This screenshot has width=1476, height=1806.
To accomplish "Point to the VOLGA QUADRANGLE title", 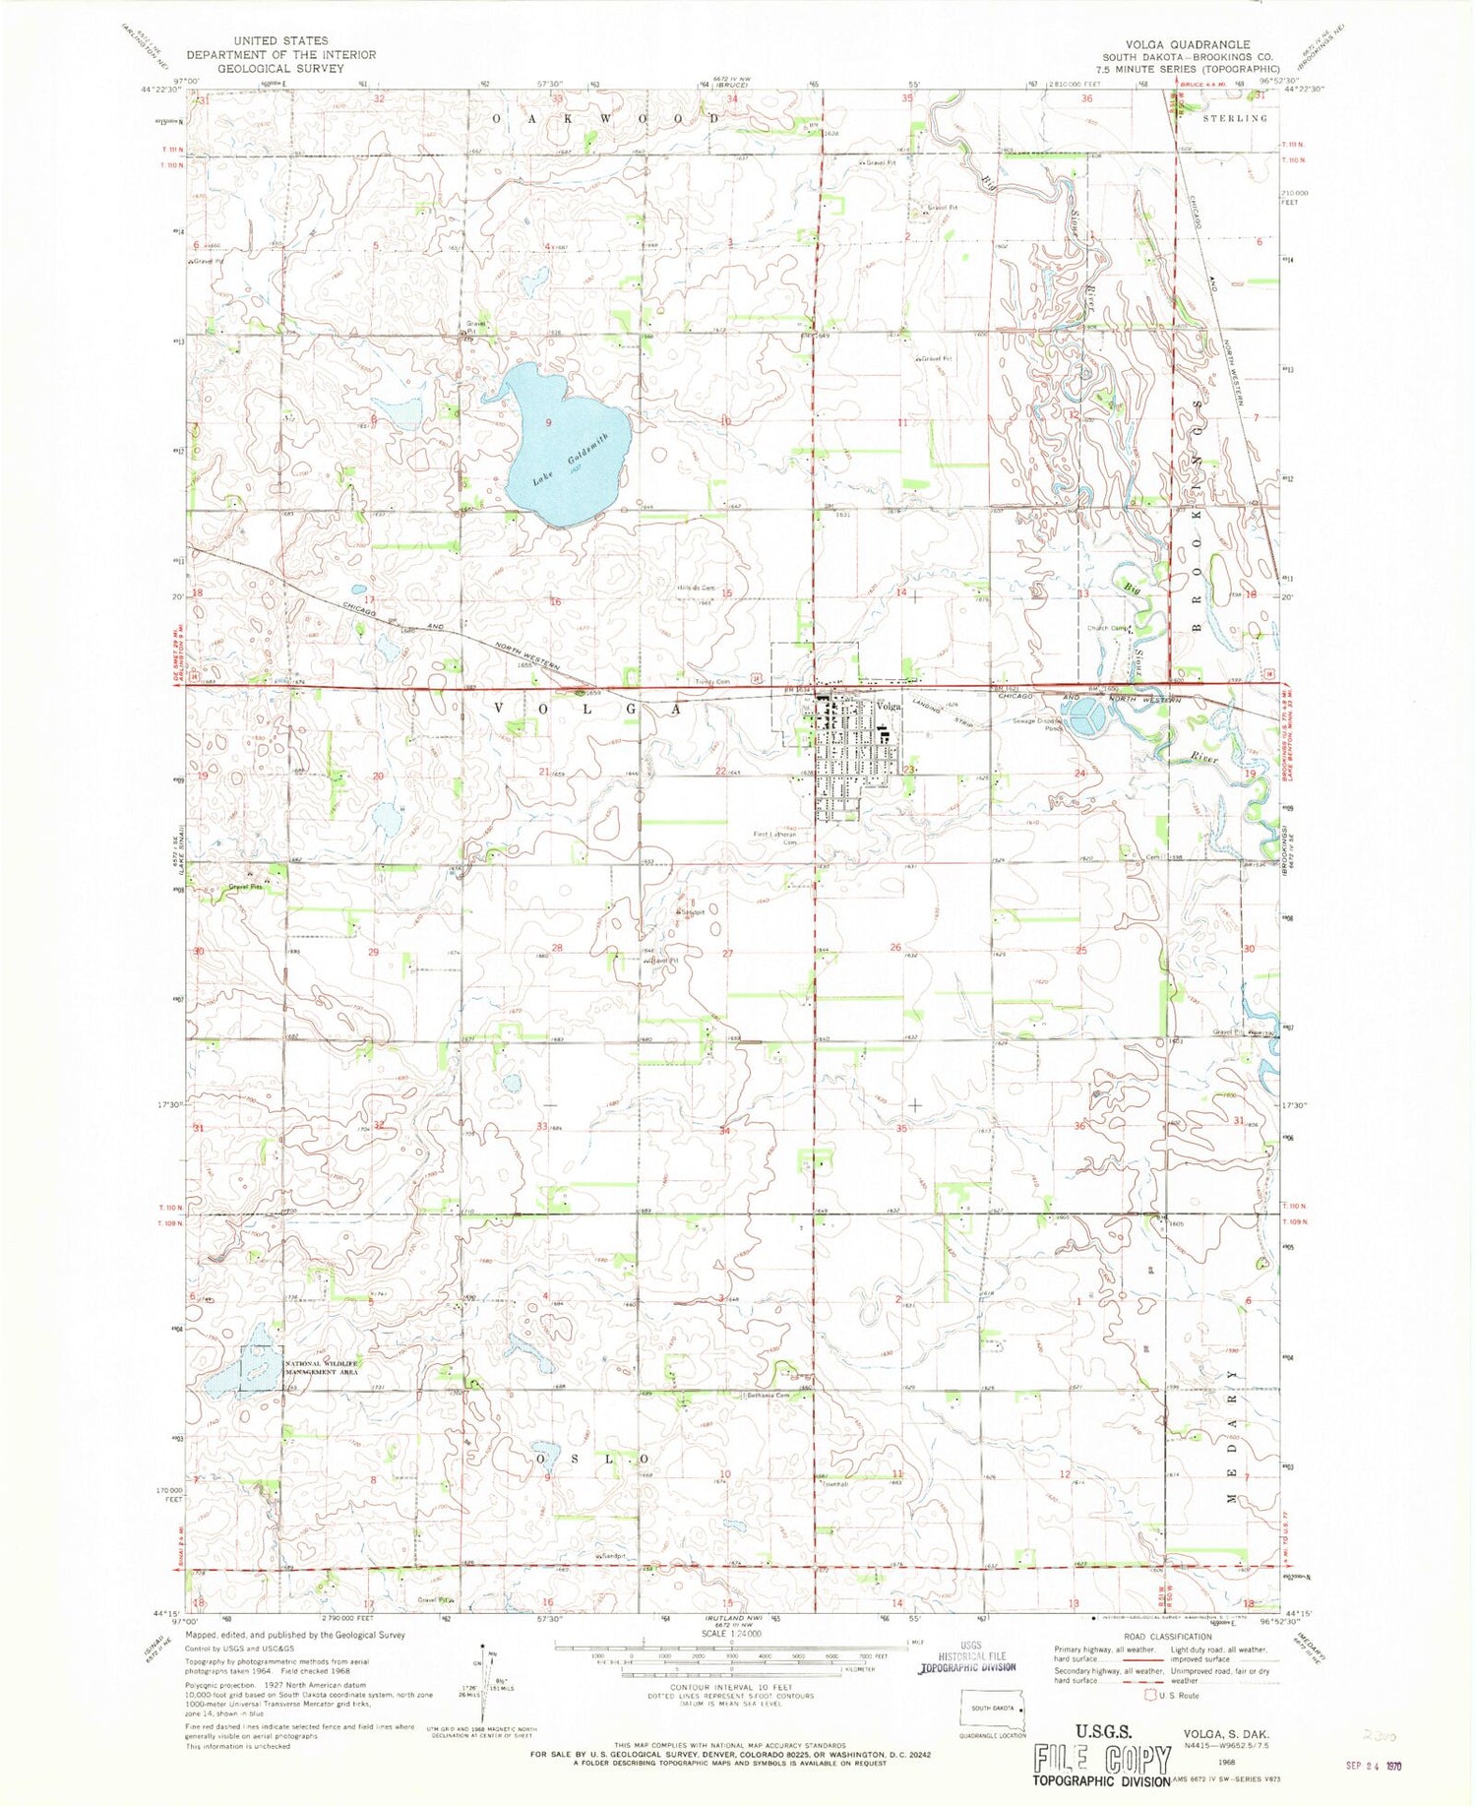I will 1190,44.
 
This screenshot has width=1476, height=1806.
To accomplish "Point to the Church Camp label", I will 1109,629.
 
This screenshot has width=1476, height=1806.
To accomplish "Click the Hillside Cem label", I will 695,588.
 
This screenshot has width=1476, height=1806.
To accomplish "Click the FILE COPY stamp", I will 1101,1758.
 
